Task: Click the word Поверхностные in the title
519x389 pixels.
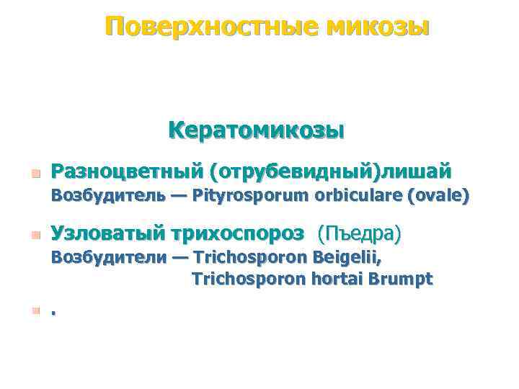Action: tap(210, 27)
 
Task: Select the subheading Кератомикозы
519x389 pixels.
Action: tap(256, 131)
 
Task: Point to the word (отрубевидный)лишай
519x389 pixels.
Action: tap(331, 171)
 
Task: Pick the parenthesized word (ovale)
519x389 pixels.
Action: tap(438, 195)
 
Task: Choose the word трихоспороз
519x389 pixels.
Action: tap(239, 233)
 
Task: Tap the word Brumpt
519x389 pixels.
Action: tap(403, 280)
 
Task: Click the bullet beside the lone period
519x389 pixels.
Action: tap(35, 311)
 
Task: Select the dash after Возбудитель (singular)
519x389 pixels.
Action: tap(175, 195)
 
